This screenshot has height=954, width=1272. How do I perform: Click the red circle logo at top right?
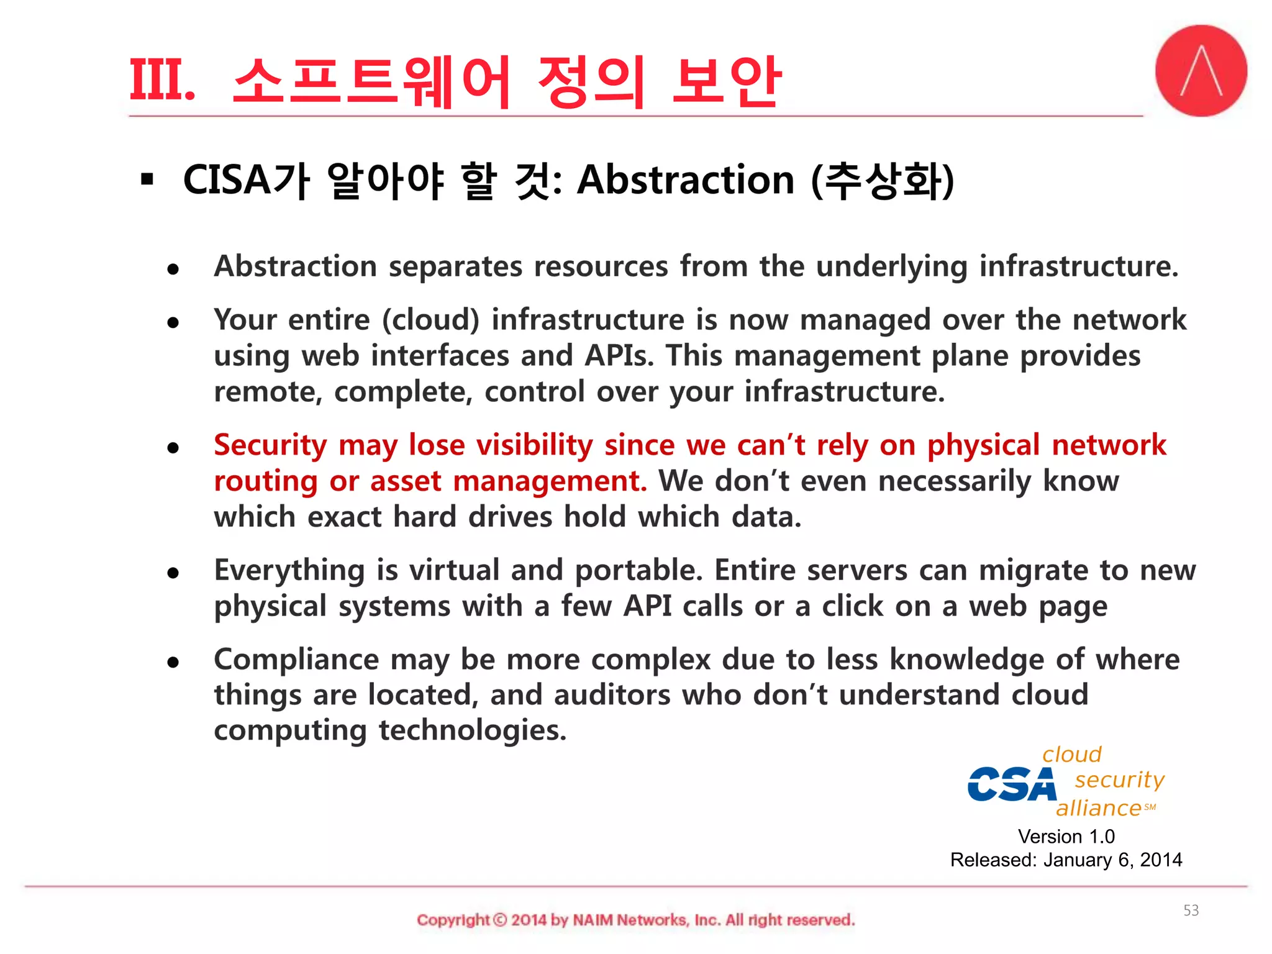click(x=1201, y=71)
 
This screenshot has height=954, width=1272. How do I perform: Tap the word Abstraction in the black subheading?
click(x=685, y=180)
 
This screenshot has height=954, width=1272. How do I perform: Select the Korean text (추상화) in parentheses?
click(x=883, y=181)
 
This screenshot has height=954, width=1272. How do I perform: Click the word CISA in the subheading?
click(x=227, y=181)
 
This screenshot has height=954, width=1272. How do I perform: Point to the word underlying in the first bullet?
click(x=891, y=267)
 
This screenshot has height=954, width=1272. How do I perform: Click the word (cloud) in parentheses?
click(x=430, y=320)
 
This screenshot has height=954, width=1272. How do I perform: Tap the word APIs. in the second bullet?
click(x=619, y=356)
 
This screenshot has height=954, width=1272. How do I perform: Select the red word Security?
click(x=270, y=446)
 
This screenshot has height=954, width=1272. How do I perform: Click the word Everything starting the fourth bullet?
click(x=289, y=571)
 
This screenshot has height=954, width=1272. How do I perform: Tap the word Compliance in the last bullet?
click(x=296, y=660)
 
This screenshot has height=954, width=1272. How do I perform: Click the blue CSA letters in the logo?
click(x=1012, y=785)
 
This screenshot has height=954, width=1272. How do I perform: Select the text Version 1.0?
click(x=1066, y=837)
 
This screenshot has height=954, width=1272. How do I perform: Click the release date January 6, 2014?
click(x=1112, y=860)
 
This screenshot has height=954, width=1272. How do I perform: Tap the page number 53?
click(x=1191, y=911)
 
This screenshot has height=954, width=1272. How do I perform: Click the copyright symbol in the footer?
click(x=500, y=920)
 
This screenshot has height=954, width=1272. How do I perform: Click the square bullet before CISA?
click(x=147, y=180)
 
